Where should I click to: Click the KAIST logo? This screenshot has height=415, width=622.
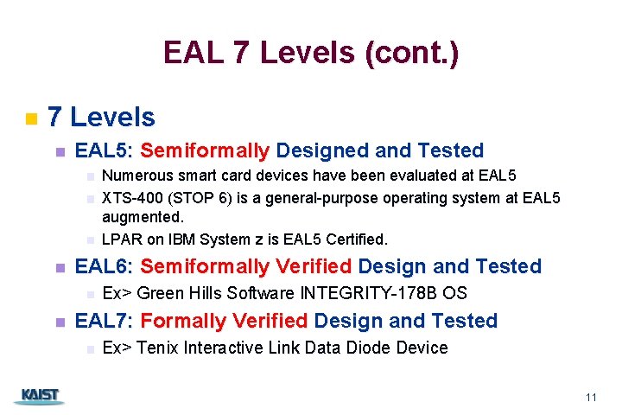38,396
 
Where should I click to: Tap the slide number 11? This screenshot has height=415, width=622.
591,398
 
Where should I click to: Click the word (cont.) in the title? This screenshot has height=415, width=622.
412,54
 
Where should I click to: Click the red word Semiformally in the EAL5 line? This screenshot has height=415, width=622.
205,151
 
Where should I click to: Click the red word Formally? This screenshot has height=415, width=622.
177,321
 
